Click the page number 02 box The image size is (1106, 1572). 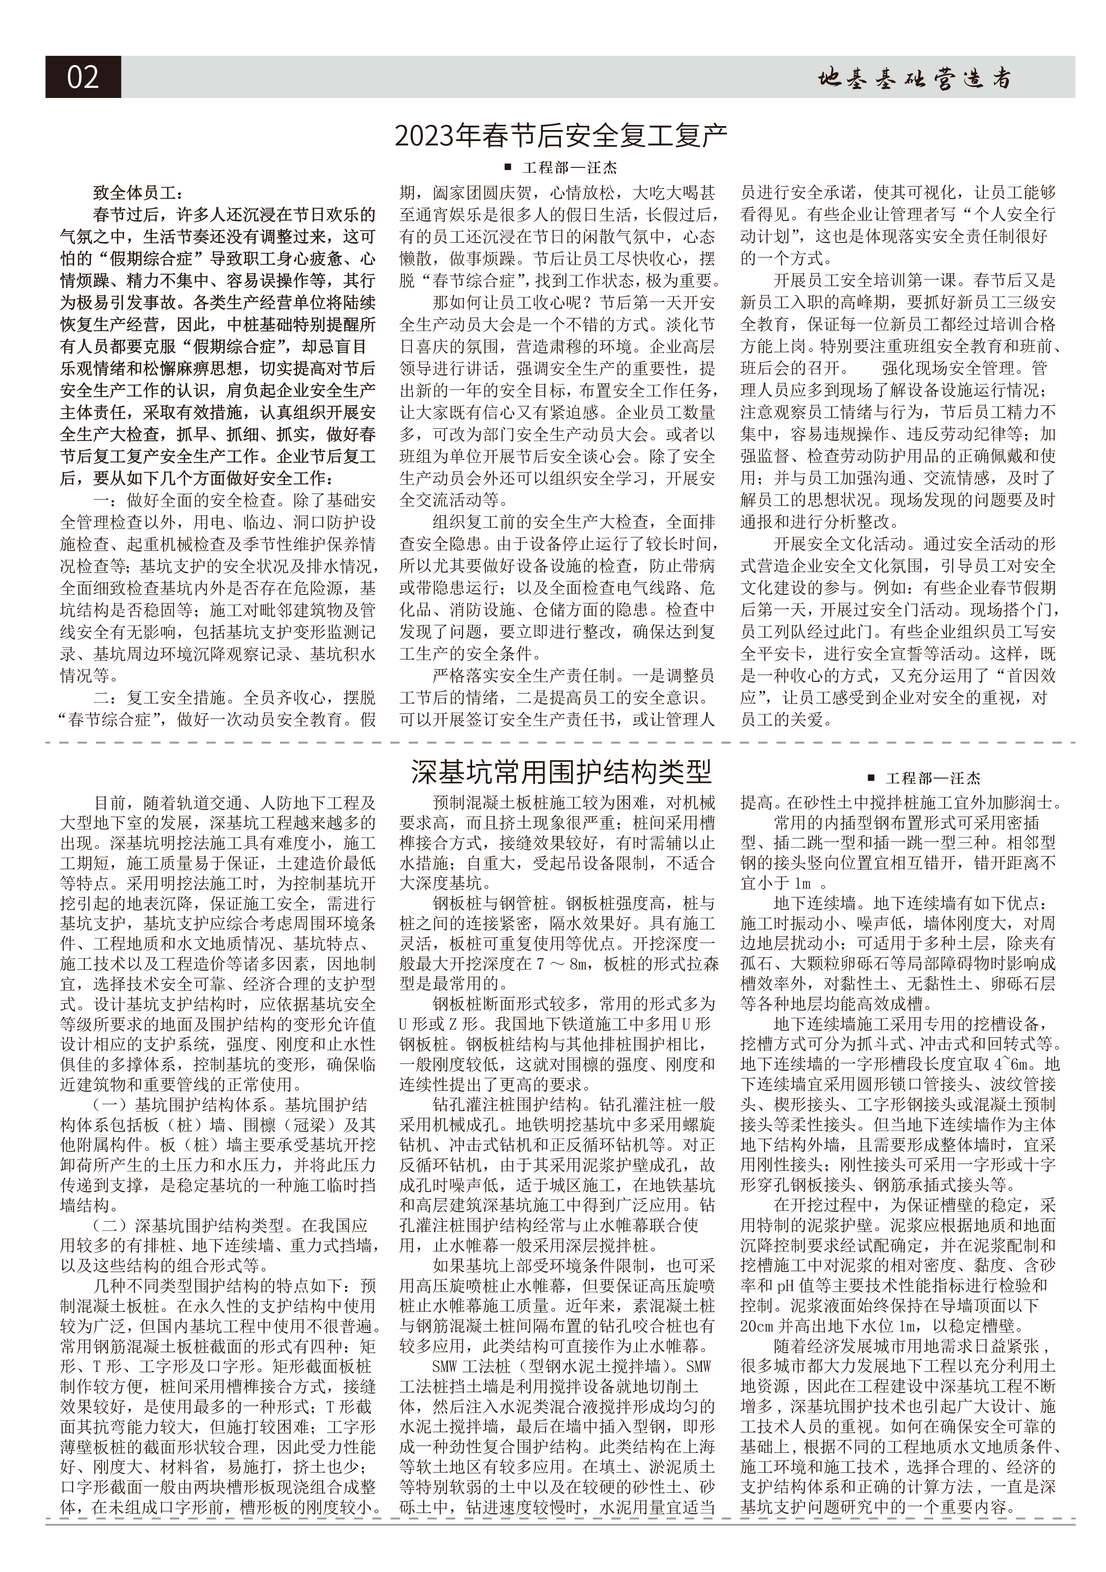(x=83, y=77)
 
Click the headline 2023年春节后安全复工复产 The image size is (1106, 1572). (x=560, y=136)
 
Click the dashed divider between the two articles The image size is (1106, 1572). (x=560, y=742)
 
